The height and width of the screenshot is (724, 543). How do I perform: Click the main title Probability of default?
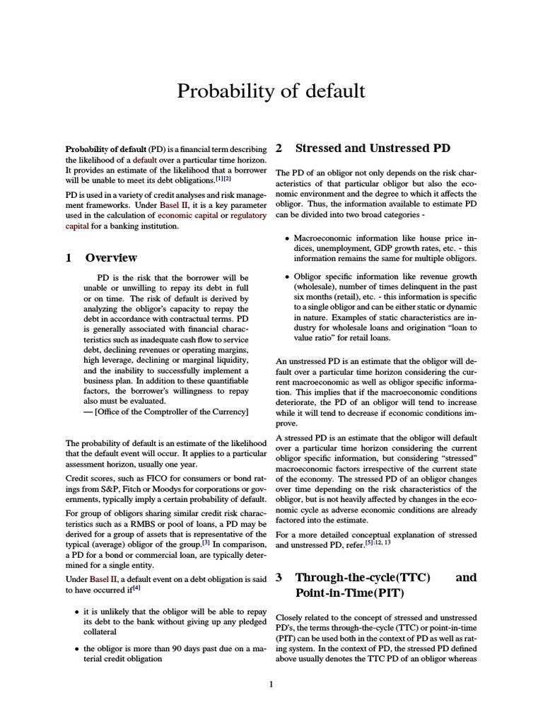(271, 91)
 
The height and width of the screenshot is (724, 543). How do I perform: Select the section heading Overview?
(111, 257)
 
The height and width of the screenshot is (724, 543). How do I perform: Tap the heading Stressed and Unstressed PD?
(372, 148)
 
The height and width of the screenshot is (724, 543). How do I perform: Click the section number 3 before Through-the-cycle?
(279, 578)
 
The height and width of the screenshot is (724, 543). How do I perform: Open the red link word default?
(154, 160)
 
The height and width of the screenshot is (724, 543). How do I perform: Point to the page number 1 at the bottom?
(271, 684)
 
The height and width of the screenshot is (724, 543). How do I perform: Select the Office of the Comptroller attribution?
(157, 411)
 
